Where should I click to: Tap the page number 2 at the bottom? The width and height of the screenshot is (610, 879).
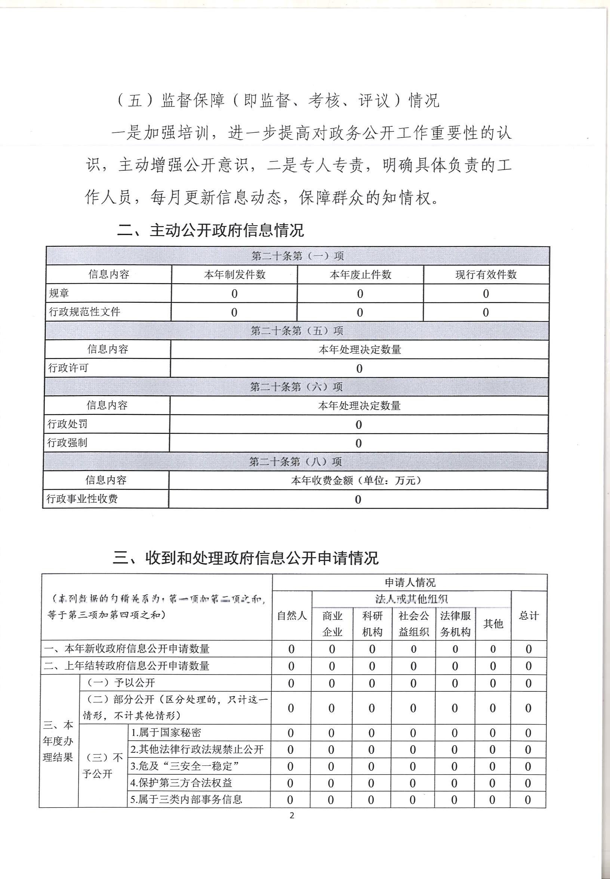click(x=292, y=815)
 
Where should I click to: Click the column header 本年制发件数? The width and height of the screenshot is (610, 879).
click(x=235, y=274)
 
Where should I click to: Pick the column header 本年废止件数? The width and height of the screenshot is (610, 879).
click(x=360, y=274)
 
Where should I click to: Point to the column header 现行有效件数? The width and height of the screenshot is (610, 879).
click(x=486, y=274)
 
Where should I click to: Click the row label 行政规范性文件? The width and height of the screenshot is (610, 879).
click(x=84, y=312)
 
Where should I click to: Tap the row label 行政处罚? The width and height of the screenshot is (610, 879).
click(x=67, y=424)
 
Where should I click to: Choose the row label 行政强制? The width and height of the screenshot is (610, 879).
click(x=67, y=442)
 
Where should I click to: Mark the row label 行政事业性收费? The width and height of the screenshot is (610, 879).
click(x=82, y=499)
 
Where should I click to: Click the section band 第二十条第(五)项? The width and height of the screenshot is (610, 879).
click(x=297, y=331)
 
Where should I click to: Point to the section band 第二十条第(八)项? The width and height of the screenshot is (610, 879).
click(x=295, y=462)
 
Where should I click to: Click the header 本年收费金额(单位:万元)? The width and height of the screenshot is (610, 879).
click(x=358, y=480)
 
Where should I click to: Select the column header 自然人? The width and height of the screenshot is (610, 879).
click(x=292, y=616)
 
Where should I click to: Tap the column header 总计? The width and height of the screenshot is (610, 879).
click(x=529, y=616)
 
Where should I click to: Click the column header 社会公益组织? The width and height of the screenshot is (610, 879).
click(x=413, y=624)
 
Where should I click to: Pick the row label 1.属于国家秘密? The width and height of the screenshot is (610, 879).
click(x=166, y=732)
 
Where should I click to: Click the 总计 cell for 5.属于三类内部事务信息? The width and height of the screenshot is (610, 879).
click(x=527, y=799)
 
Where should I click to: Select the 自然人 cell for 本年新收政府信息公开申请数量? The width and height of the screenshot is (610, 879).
click(x=291, y=649)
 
